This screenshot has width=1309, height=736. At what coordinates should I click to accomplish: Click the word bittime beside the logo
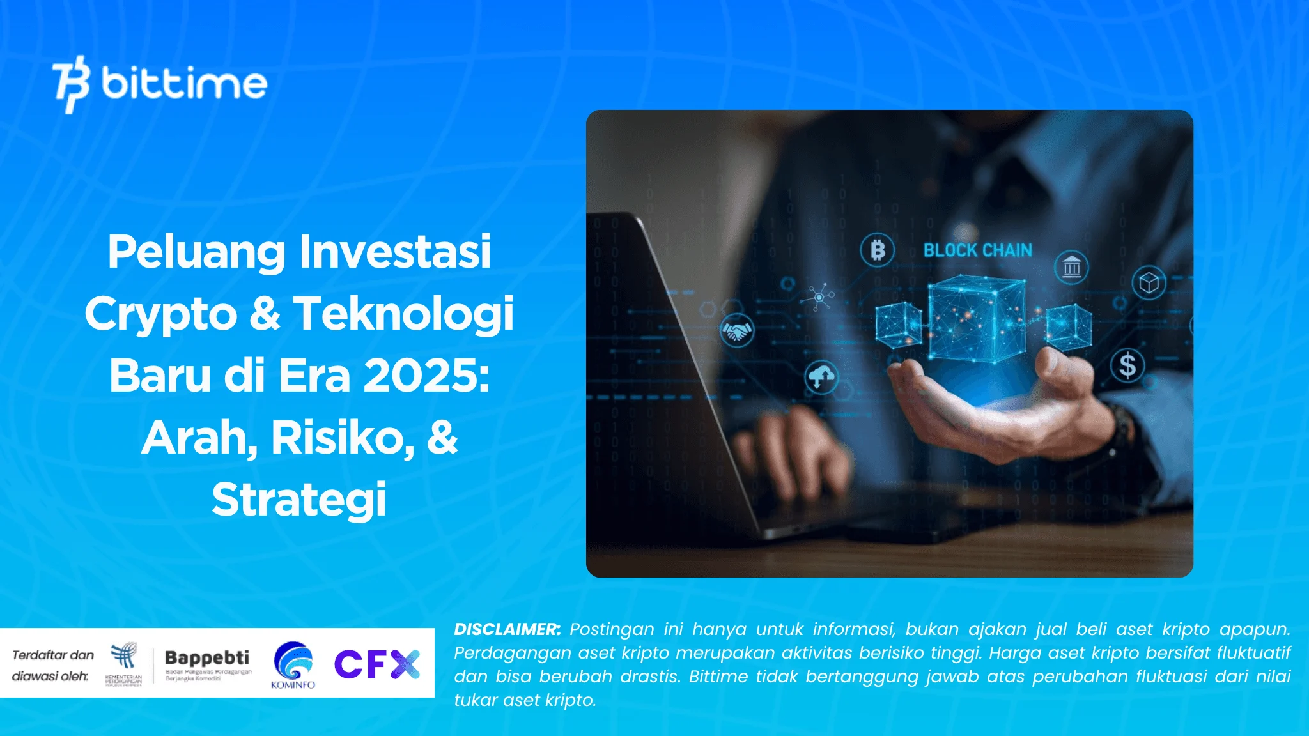point(184,84)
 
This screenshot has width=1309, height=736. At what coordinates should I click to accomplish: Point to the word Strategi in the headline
point(299,500)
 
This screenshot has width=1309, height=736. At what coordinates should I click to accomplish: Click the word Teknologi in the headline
point(403,314)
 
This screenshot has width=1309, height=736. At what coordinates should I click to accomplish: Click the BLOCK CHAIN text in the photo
point(977,250)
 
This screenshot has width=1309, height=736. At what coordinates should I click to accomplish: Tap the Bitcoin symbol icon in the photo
point(877,250)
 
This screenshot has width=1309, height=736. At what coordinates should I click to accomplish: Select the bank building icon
point(1071,267)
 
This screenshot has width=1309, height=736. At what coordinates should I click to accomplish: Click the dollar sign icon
point(1127,365)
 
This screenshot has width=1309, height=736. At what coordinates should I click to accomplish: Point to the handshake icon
point(737,331)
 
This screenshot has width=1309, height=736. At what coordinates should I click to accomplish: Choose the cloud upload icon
point(821,377)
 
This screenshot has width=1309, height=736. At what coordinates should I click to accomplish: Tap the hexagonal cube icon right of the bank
point(1149,282)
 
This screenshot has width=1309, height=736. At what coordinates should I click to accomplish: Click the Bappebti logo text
point(207,657)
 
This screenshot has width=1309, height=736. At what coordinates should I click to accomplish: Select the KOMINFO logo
point(293,665)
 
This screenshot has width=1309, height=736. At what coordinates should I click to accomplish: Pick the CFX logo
point(376,664)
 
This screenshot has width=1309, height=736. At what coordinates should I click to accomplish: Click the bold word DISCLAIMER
point(507,629)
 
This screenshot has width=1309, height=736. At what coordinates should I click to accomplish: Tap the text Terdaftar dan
point(53,655)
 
